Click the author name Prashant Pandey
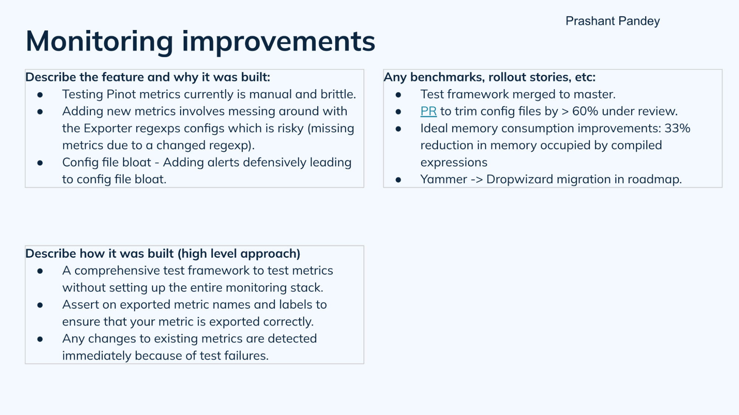click(x=612, y=21)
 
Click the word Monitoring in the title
click(x=99, y=41)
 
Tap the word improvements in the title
click(x=278, y=41)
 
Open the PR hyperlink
click(x=428, y=111)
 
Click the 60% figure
click(x=585, y=111)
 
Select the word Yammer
click(x=443, y=180)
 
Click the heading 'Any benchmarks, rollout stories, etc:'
click(x=489, y=77)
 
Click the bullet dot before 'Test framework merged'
click(x=398, y=95)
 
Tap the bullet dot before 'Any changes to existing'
click(x=40, y=339)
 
